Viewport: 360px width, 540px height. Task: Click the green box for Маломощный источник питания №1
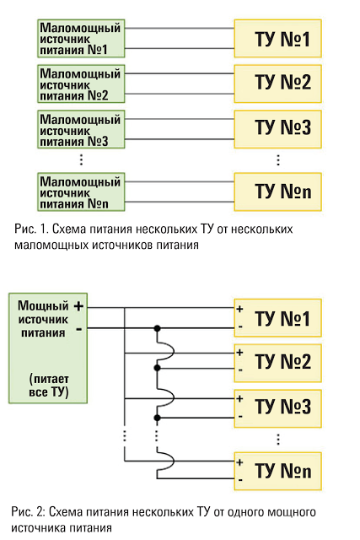(81, 38)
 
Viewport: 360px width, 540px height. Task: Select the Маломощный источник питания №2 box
(81, 84)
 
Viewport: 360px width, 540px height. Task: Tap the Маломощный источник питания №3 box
(81, 129)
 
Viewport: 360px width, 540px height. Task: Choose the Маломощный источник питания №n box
(81, 192)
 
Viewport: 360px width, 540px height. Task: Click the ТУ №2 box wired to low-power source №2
(277, 84)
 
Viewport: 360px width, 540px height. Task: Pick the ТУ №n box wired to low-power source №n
(277, 192)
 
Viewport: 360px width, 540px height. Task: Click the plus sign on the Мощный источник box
(78, 305)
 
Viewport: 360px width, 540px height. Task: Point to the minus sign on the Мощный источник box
(79, 330)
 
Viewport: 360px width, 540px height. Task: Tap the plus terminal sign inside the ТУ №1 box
(240, 309)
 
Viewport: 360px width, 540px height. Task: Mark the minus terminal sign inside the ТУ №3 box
(240, 417)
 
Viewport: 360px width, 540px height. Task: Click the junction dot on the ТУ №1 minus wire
(158, 328)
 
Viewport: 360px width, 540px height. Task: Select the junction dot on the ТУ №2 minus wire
(158, 368)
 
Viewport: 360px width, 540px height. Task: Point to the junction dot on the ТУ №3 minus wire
(158, 418)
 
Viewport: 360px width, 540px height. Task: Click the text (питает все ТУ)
(49, 386)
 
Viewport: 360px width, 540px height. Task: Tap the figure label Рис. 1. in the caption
(30, 229)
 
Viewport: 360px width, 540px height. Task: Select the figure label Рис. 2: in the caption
(28, 512)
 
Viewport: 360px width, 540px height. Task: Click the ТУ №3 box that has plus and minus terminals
(277, 408)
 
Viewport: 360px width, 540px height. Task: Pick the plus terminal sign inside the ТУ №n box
(240, 462)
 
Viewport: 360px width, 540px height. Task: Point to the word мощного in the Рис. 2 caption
(291, 512)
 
